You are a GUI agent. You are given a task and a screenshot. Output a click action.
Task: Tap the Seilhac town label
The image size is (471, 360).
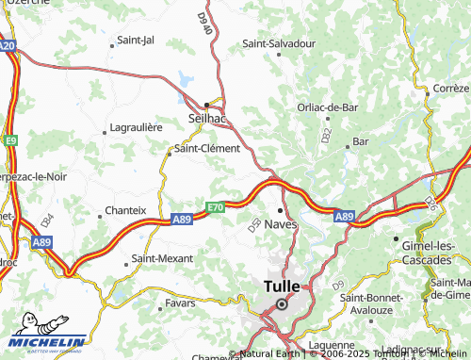tap(206, 117)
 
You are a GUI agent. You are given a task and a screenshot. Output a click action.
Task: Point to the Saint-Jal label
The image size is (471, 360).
tap(135, 41)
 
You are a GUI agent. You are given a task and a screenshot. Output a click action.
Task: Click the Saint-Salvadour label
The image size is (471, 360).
tap(279, 43)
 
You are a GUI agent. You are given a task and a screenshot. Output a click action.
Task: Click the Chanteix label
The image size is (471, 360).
tap(125, 210)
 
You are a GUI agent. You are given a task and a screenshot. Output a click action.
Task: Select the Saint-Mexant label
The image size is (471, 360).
tap(162, 258)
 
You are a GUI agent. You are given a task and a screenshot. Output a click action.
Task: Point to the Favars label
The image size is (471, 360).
tap(179, 303)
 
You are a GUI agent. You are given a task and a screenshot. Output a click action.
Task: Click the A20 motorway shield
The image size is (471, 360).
tap(8, 44)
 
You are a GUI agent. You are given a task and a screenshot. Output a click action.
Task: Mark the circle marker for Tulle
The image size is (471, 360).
tap(281, 304)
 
